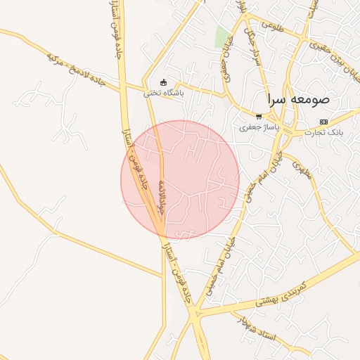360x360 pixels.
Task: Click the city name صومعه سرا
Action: (x=304, y=99)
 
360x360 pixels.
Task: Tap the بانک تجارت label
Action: (x=324, y=132)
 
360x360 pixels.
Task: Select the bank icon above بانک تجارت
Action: (x=323, y=122)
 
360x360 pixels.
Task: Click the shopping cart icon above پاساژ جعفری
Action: (x=259, y=117)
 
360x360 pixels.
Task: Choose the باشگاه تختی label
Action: (x=163, y=93)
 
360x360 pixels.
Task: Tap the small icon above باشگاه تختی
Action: (x=164, y=82)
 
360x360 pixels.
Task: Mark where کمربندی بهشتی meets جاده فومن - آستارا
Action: (x=193, y=314)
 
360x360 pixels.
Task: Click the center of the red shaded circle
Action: (x=180, y=180)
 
